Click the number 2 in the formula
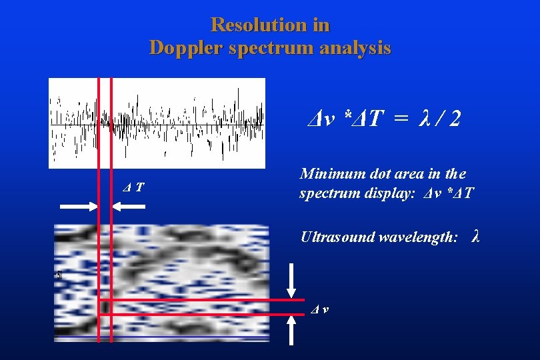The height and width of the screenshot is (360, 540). click(454, 119)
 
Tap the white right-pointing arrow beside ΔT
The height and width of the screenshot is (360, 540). click(79, 207)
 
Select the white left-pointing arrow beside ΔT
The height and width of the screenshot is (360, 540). click(129, 207)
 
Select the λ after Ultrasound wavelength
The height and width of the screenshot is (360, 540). click(475, 236)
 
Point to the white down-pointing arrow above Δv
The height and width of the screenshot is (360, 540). click(291, 281)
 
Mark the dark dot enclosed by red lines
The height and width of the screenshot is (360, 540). click(105, 307)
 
